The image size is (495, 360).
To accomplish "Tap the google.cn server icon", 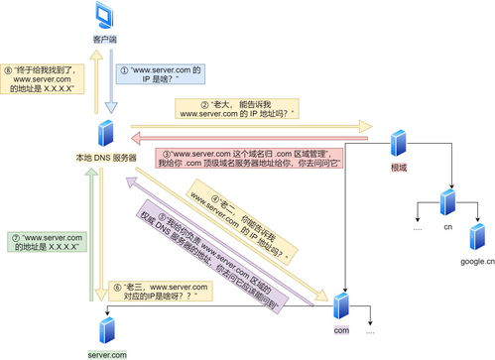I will [x=477, y=238].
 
